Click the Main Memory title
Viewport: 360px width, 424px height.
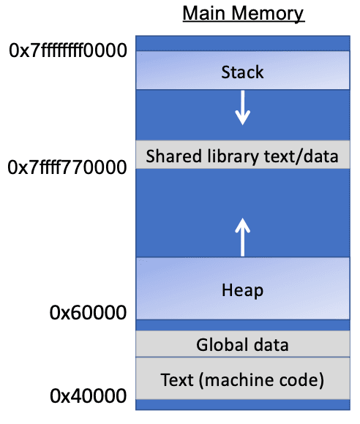pos(243,14)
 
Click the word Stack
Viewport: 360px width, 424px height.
pos(242,72)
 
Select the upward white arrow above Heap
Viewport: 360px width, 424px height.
pos(242,236)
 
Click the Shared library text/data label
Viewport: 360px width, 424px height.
pos(242,156)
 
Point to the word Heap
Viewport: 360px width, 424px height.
pos(242,290)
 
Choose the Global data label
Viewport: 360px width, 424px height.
pos(242,344)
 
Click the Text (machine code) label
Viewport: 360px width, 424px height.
pos(242,379)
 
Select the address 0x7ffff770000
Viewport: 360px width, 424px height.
pos(67,168)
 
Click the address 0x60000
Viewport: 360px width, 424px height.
pos(88,313)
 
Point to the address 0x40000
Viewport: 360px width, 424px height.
pos(88,397)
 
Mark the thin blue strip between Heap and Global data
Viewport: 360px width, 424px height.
pos(242,325)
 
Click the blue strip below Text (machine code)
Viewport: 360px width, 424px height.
pos(242,404)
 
